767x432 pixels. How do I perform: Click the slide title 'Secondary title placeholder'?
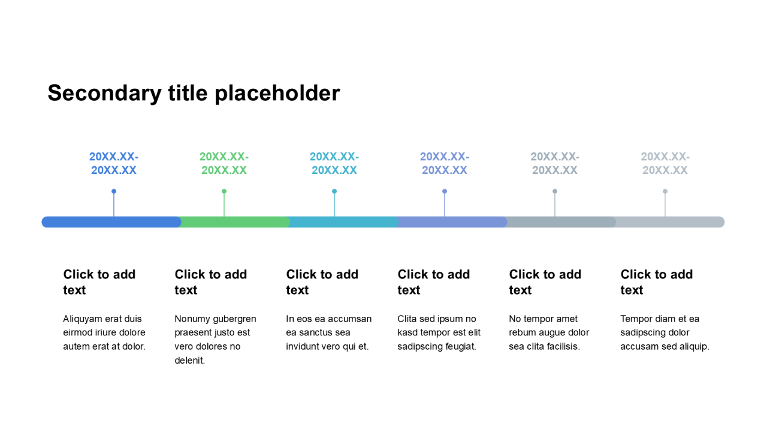pos(194,93)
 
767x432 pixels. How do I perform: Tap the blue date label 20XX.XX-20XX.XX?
pos(114,163)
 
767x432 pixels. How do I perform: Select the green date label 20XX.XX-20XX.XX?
pos(224,163)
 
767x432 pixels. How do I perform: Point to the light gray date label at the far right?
pos(665,163)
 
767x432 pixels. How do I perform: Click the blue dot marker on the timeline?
pos(114,191)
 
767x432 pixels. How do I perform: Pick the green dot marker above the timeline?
pos(224,191)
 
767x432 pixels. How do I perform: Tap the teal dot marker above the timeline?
pos(334,191)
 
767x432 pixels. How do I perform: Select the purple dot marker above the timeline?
pos(445,191)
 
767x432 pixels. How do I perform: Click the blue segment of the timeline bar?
pos(111,222)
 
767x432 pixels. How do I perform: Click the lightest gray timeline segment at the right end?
pos(670,222)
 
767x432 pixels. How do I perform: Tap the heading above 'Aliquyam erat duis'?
pos(99,282)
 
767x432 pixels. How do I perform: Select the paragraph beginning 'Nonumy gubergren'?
pos(215,340)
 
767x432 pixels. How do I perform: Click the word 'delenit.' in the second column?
pos(190,361)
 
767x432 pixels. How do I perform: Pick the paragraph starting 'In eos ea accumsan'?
pos(329,332)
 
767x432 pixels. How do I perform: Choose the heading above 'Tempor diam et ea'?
pos(657,282)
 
